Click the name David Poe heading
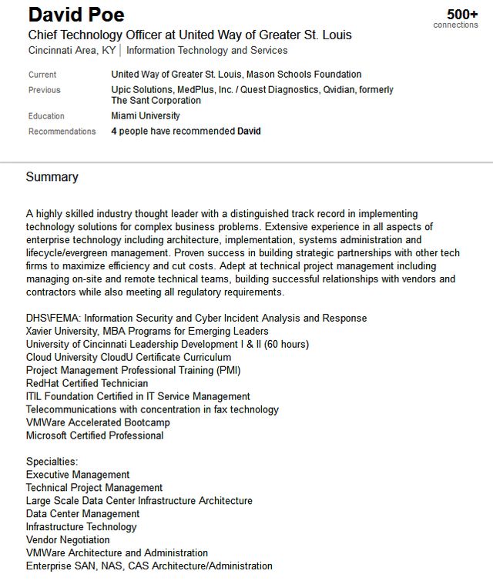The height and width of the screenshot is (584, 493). tap(76, 15)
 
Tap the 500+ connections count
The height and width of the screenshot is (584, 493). tap(461, 15)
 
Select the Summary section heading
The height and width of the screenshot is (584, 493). tap(52, 177)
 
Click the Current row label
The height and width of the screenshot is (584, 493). tap(42, 75)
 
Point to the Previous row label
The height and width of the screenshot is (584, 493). tap(44, 90)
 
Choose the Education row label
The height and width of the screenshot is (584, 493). tap(46, 116)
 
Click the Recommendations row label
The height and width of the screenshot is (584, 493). tap(62, 132)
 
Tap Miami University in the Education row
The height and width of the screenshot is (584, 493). tap(146, 116)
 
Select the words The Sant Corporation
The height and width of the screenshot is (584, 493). tap(156, 101)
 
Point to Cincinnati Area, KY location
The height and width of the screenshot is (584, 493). tap(71, 51)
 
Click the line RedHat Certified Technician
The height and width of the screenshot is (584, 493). tap(87, 383)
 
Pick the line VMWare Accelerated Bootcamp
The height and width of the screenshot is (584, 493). tap(98, 422)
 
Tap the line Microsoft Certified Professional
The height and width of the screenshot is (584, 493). tap(95, 435)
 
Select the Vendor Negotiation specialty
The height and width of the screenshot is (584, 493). tap(68, 540)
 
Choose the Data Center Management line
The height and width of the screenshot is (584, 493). tap(82, 514)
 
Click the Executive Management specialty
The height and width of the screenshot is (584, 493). tap(78, 475)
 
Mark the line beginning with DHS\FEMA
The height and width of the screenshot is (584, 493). tap(196, 318)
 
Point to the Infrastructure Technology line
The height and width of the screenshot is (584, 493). tap(81, 527)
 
